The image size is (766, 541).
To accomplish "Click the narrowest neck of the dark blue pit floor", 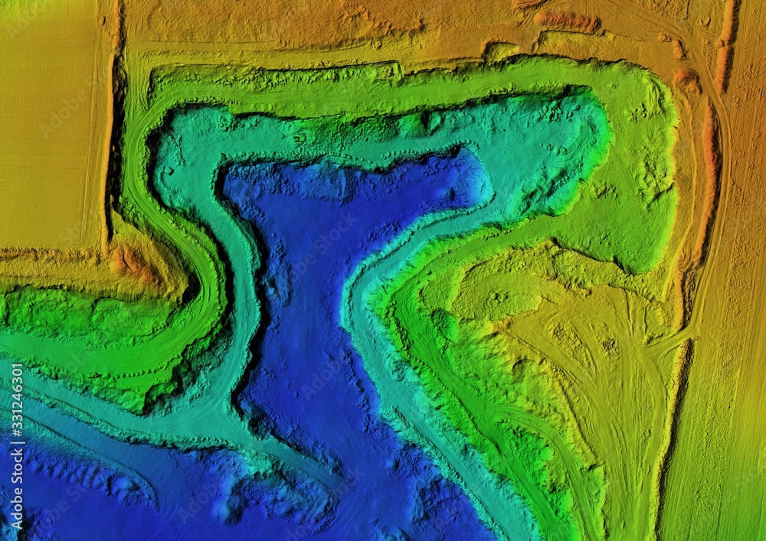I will pos(306,306).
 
